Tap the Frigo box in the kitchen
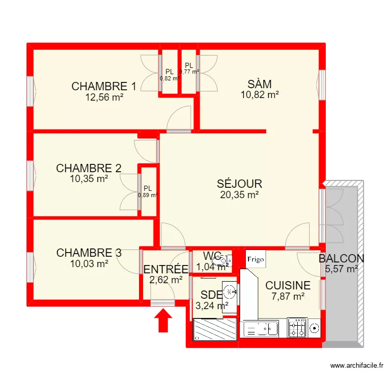tap(255, 259)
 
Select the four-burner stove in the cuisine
tap(298, 328)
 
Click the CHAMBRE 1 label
tap(104, 87)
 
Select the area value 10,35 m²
tap(89, 178)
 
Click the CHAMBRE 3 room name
tap(89, 253)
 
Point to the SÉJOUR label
tap(239, 184)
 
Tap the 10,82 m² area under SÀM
tap(260, 94)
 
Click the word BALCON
tap(341, 258)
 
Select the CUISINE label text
tap(288, 285)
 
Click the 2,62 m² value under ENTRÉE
tap(165, 280)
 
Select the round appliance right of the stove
tap(314, 328)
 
